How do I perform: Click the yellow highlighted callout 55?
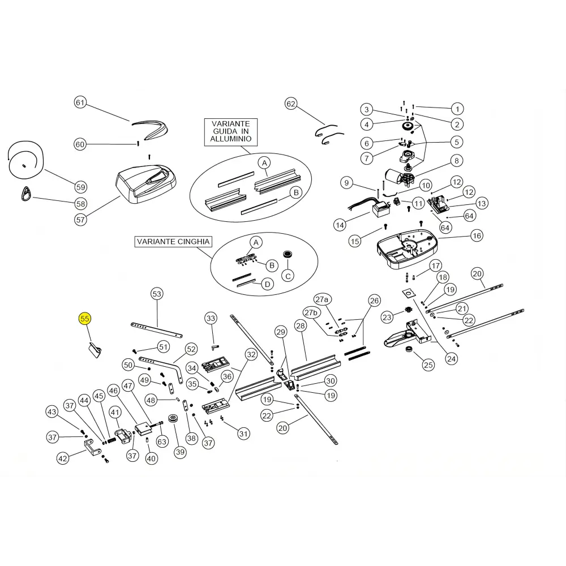pos(84,319)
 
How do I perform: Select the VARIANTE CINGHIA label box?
pos(173,242)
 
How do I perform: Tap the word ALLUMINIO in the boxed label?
pos(231,139)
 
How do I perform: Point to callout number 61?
pos(80,102)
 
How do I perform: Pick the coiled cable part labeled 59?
pos(25,160)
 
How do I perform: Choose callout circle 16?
pos(477,235)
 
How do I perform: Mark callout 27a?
pos(322,299)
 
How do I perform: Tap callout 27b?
pos(311,312)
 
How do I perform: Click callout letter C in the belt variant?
pos(288,277)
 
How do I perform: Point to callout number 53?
pos(157,294)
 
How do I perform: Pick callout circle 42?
pos(63,458)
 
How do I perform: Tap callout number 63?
pos(162,441)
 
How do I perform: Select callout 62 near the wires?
pos(290,104)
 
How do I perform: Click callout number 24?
pos(451,359)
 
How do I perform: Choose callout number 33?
pos(211,318)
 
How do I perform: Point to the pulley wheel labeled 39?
pos(174,419)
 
